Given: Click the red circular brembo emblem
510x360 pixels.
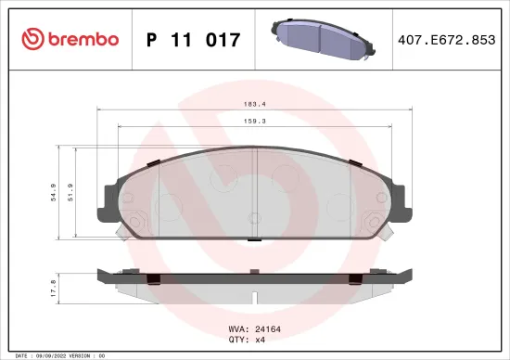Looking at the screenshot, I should [x=33, y=39].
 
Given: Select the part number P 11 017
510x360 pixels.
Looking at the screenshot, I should [x=194, y=40].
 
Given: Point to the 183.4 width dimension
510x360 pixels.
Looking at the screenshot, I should [x=253, y=105].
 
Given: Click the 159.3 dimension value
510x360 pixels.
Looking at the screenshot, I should [x=253, y=120].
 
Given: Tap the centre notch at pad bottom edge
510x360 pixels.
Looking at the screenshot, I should [x=253, y=240].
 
